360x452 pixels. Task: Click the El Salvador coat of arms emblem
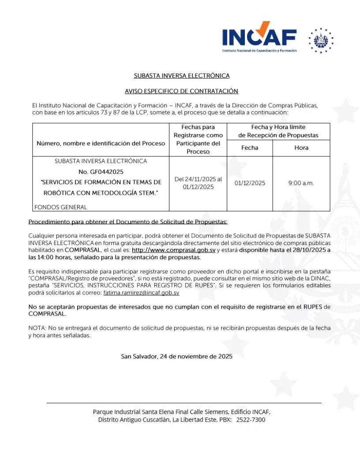coord(321,41)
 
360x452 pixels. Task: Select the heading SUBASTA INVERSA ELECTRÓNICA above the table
coord(182,76)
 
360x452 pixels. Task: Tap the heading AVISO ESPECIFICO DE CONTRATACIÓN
coord(182,91)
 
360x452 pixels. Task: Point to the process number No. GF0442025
coord(101,172)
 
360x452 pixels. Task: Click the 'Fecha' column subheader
coord(250,148)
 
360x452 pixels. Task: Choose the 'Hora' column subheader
coord(301,148)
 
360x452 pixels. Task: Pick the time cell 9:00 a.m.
coord(301,183)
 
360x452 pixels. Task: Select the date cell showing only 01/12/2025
coord(250,183)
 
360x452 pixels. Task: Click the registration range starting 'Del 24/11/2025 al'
coord(198,180)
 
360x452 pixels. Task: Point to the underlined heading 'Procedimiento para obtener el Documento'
coord(128,221)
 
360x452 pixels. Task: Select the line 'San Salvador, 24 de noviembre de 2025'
coord(176,356)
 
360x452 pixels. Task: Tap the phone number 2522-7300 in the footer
coord(251,420)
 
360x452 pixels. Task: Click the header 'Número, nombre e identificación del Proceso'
coord(101,143)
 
